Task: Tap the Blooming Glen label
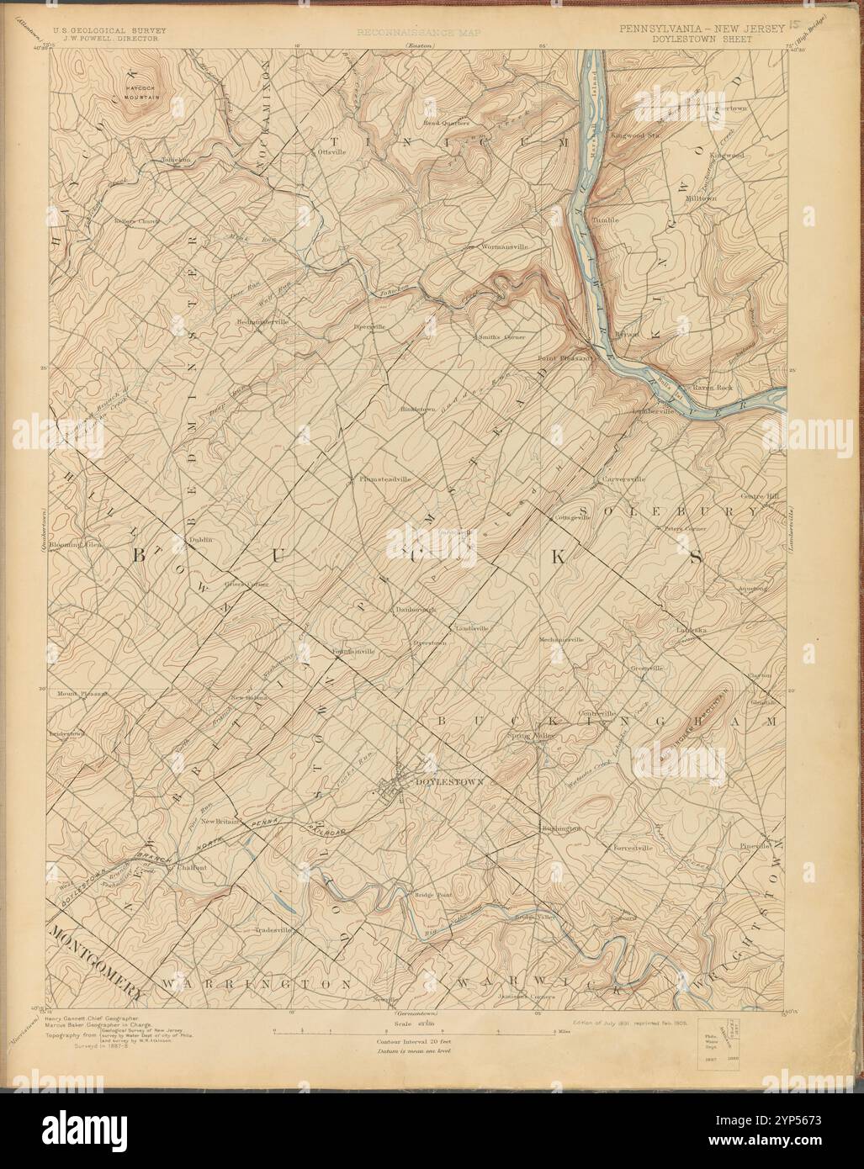(77, 545)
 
